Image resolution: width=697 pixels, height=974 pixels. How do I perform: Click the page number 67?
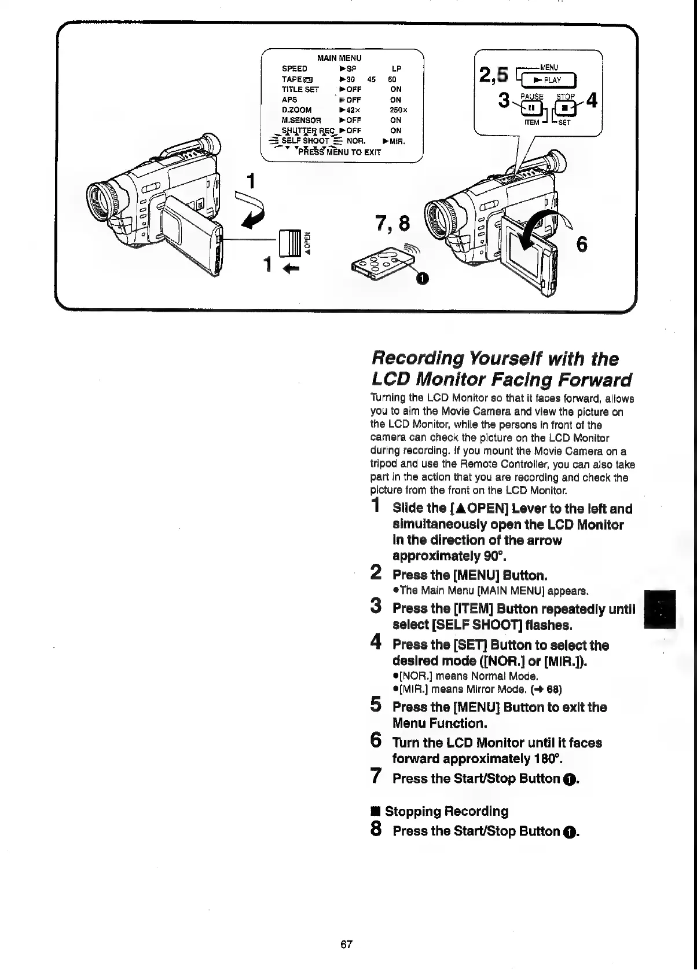coord(346,944)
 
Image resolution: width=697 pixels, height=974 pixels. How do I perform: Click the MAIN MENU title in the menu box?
coord(339,58)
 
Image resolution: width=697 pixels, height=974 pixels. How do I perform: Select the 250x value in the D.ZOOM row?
coord(396,110)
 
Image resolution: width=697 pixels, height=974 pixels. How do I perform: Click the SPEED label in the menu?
coord(294,68)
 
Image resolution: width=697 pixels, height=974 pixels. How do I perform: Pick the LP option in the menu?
coord(397,68)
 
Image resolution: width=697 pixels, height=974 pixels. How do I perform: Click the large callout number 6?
coord(582,245)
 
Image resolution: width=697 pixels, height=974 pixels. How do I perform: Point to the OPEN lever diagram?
coord(289,242)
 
